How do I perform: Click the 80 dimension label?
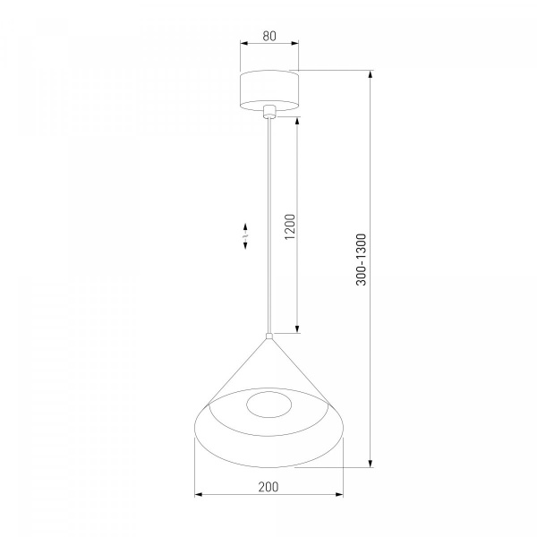(269, 36)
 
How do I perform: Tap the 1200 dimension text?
(290, 226)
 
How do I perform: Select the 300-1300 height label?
(362, 260)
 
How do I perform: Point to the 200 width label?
(268, 487)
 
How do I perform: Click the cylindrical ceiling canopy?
(269, 90)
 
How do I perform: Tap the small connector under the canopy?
(269, 112)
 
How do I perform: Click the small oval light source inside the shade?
(268, 405)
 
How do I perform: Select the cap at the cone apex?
(269, 336)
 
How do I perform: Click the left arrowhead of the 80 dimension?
(243, 43)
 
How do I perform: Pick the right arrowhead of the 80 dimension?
(294, 43)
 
